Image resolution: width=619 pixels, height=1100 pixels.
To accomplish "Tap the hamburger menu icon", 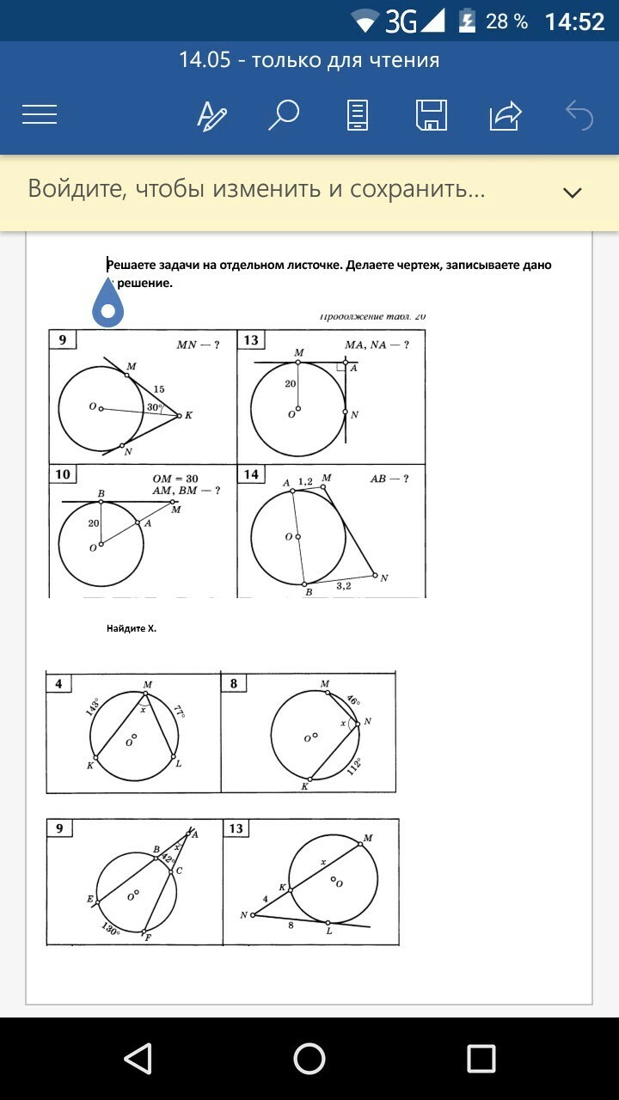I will click(40, 114).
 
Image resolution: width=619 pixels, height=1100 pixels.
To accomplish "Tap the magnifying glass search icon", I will click(283, 114).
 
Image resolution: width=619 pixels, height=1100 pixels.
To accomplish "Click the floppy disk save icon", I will click(430, 114).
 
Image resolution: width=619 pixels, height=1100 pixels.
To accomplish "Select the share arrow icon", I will click(506, 114).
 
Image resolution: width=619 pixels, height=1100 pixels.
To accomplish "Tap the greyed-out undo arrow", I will click(579, 114).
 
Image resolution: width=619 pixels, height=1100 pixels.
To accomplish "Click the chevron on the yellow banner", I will click(573, 192).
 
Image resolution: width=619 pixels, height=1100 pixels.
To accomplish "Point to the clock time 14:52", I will click(574, 21).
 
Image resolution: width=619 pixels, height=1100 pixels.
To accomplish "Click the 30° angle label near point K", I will click(155, 407).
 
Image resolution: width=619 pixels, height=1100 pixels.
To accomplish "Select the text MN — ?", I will click(198, 345).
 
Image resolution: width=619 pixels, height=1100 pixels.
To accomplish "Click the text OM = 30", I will click(175, 479).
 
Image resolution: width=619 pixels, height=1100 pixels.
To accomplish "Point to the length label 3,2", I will click(344, 585).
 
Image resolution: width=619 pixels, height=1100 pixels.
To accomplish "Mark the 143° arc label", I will click(93, 707).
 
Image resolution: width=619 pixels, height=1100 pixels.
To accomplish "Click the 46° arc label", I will click(352, 701).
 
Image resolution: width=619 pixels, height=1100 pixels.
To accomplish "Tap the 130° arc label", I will click(111, 928).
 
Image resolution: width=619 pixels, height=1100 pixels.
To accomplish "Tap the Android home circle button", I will click(309, 1059).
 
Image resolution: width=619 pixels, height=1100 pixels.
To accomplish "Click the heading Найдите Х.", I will click(132, 628).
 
